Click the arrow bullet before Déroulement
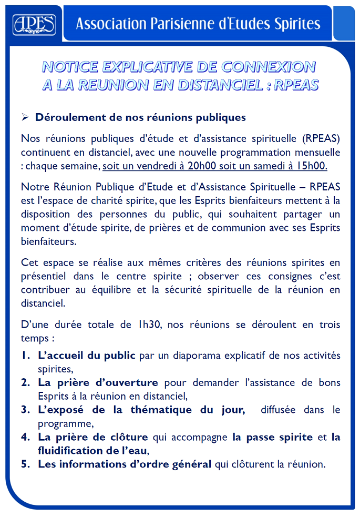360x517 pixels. click(x=25, y=117)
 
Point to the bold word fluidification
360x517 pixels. click(x=71, y=451)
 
